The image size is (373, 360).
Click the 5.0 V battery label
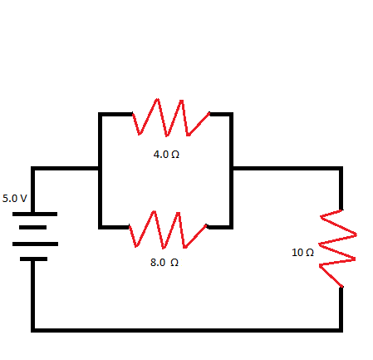coord(14,199)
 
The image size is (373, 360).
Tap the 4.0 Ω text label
coord(166,155)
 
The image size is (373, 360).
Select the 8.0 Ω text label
coord(164,262)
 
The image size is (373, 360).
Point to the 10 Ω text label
coord(302,252)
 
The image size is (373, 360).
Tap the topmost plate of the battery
coord(33,214)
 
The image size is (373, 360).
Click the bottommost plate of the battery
coord(33,259)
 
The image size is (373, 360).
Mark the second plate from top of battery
coord(33,228)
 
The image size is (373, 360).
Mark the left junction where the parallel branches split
coord(100,169)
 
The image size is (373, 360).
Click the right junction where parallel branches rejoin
coord(232,169)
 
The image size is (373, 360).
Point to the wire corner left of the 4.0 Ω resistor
coord(100,114)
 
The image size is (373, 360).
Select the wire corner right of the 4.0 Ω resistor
coord(232,114)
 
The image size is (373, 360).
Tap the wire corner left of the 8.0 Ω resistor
coord(100,226)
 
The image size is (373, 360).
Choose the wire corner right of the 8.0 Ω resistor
coord(232,226)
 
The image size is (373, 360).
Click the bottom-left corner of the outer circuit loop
coord(33,329)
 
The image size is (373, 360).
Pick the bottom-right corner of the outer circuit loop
coord(341,329)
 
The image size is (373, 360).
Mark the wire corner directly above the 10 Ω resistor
coord(341,169)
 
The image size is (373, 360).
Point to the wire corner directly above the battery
coord(33,169)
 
